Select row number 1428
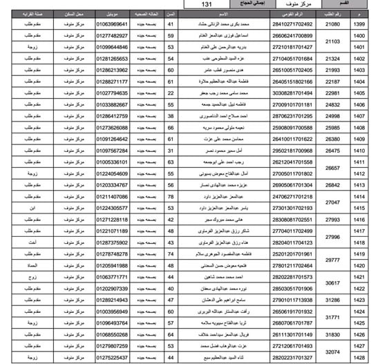(x=359, y=358)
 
